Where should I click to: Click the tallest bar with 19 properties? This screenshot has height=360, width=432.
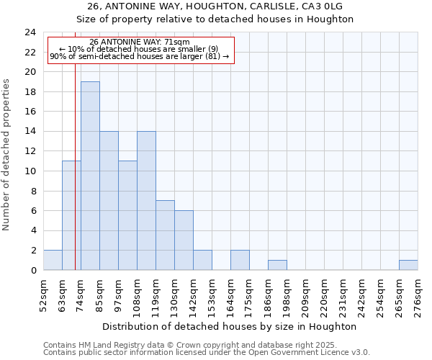point(90,176)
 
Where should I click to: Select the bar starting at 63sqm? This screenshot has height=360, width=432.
point(71,215)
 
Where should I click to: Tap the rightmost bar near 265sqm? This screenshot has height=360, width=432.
point(408,265)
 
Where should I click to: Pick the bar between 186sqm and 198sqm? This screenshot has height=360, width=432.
point(277,265)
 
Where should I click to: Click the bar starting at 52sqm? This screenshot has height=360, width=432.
point(53,260)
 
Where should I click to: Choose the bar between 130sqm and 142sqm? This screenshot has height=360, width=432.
point(184,240)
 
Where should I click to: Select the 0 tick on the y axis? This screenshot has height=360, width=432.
point(32,271)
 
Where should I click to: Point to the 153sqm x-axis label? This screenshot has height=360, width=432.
point(212,295)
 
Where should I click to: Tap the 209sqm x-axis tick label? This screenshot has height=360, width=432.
point(305,295)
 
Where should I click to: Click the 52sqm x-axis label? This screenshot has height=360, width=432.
point(43,295)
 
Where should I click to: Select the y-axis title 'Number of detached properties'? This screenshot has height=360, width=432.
point(7,155)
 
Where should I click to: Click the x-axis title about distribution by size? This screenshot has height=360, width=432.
point(230,326)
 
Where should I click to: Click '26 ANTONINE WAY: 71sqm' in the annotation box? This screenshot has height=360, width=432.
point(140,42)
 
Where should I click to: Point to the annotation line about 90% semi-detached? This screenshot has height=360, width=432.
point(140,56)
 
